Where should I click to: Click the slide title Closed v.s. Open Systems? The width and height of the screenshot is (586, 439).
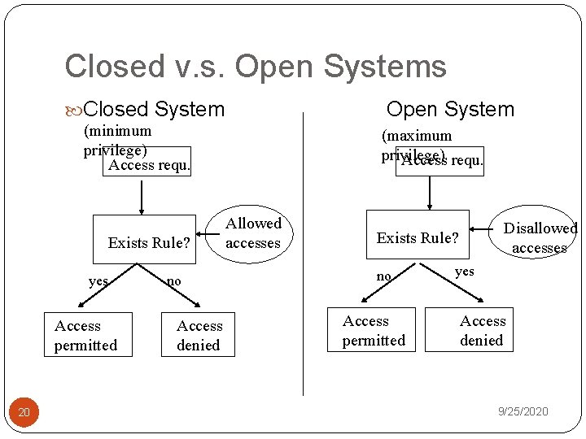pyautogui.click(x=256, y=67)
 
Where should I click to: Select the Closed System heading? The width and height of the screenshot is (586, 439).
pyautogui.click(x=153, y=109)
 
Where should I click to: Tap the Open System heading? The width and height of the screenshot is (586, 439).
pyautogui.click(x=450, y=109)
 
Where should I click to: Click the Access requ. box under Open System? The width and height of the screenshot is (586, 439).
pyautogui.click(x=440, y=161)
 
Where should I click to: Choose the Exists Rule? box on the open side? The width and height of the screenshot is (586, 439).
pyautogui.click(x=418, y=237)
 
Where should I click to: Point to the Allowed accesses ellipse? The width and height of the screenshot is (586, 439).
pyautogui.click(x=252, y=233)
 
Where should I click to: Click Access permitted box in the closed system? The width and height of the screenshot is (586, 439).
pyautogui.click(x=85, y=335)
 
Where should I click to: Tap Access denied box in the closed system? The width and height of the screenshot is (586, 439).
pyautogui.click(x=199, y=335)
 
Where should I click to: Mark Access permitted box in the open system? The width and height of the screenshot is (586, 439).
pyautogui.click(x=374, y=330)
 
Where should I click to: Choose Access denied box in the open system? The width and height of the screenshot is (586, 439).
pyautogui.click(x=482, y=330)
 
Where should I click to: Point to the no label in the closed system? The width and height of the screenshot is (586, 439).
pyautogui.click(x=173, y=281)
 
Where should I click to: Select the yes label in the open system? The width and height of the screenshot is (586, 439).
pyautogui.click(x=464, y=272)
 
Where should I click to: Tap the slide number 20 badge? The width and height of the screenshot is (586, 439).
pyautogui.click(x=24, y=413)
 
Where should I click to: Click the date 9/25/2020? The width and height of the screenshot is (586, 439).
pyautogui.click(x=523, y=411)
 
